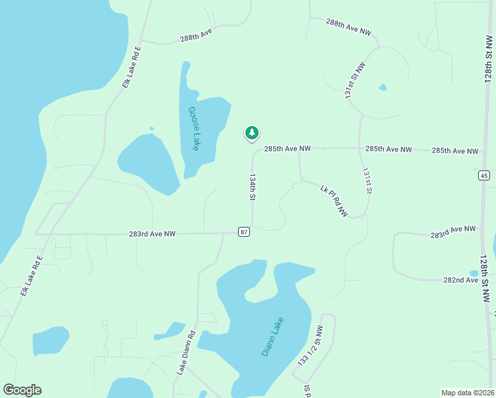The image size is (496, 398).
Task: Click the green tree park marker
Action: tap(251, 133)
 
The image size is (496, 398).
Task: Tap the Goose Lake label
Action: tap(193, 129)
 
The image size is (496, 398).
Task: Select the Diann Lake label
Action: tap(273, 336)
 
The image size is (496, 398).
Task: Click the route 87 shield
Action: tap(245, 232)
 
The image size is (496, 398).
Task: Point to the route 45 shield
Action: tap(483, 175)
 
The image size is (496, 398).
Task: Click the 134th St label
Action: tap(252, 188)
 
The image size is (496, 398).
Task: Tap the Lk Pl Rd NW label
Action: tap(334, 201)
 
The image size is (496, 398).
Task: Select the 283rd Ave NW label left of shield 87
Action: tap(153, 234)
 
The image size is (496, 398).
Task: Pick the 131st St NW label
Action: tap(355, 82)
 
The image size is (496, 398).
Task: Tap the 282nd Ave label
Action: tap(461, 281)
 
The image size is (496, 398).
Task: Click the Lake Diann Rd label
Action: tap(186, 353)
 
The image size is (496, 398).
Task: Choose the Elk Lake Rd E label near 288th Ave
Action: tap(131, 67)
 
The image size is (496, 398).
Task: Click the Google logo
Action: tap(23, 390)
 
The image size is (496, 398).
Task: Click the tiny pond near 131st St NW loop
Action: tap(383, 88)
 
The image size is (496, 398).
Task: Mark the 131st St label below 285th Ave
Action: tap(366, 180)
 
